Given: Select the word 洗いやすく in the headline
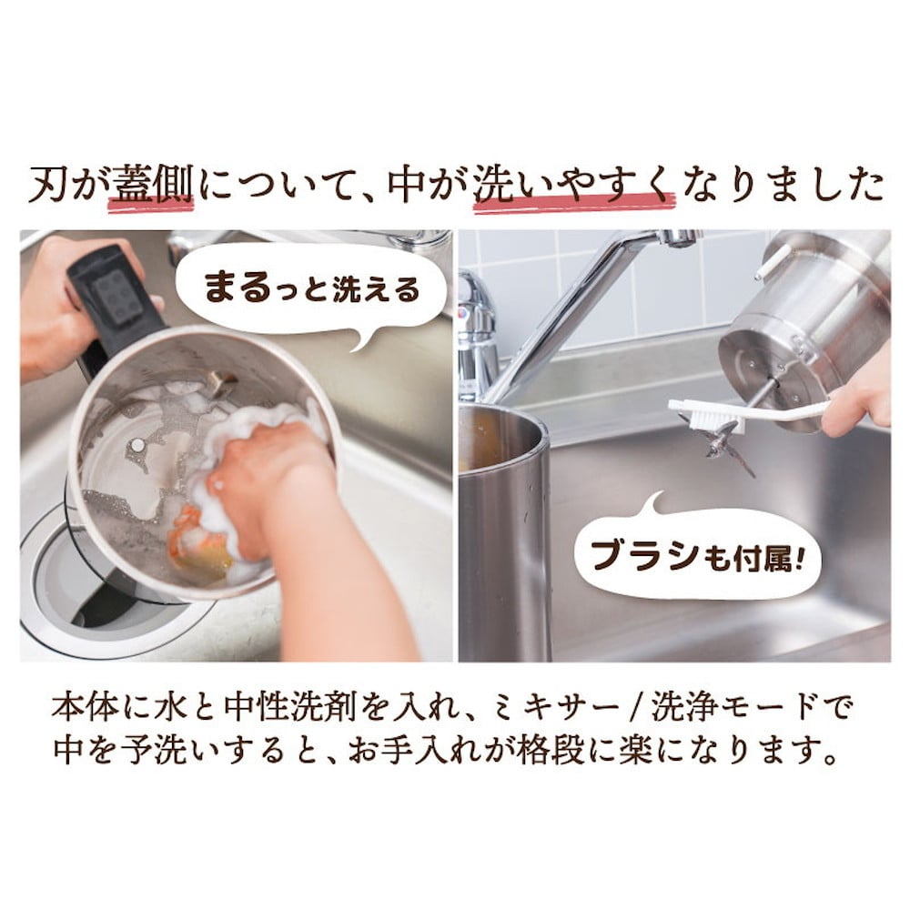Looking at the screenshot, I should coord(573,186).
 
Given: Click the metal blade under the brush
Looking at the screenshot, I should coord(728,446).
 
